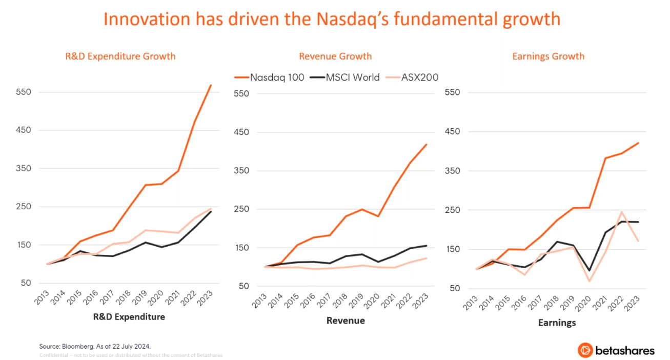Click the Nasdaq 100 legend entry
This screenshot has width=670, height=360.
point(270,77)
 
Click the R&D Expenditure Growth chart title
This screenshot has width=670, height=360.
point(120,56)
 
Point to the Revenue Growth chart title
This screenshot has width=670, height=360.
point(335,56)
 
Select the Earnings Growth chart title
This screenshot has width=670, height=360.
point(548,56)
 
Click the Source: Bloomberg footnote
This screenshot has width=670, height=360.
point(95,346)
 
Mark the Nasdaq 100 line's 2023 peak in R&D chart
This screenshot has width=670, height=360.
point(211,85)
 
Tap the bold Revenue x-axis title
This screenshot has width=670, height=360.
point(346,321)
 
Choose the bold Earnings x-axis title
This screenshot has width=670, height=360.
point(557,323)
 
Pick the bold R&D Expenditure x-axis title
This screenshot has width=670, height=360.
point(129,317)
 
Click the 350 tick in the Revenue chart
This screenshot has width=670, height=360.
point(241,171)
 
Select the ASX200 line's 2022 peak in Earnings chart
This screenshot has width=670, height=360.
point(621,212)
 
